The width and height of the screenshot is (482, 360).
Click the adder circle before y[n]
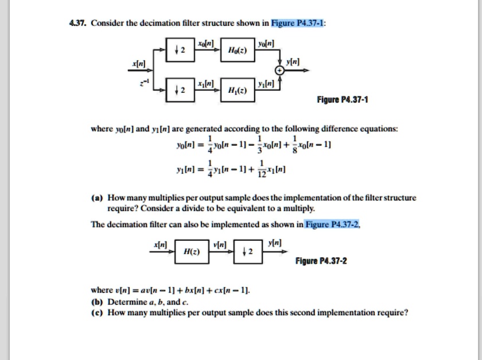click(280, 71)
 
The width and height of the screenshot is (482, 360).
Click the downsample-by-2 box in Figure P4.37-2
click(247, 251)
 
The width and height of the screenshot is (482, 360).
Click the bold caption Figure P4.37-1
click(343, 100)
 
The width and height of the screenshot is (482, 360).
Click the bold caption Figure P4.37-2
click(321, 261)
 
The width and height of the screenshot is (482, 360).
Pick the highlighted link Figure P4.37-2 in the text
click(333, 224)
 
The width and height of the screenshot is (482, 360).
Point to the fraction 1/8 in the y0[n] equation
click(294, 147)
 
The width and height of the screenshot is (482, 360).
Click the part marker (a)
click(96, 198)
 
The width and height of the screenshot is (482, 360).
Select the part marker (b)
click(96, 301)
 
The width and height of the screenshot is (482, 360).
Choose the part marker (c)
click(96, 312)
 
